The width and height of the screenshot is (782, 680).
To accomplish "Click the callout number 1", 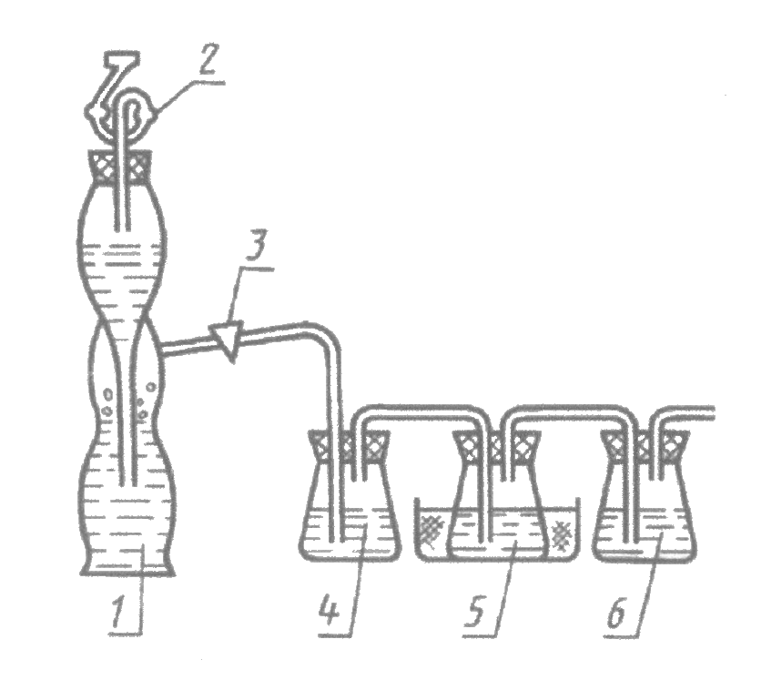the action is [119, 607].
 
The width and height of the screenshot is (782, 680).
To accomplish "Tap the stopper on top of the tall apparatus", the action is [119, 167].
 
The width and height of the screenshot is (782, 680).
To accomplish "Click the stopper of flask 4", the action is [349, 446].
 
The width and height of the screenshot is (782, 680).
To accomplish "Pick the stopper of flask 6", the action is [645, 446].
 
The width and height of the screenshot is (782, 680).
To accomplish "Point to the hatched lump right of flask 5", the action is [561, 536].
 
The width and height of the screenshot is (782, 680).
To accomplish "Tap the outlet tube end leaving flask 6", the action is [712, 413].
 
